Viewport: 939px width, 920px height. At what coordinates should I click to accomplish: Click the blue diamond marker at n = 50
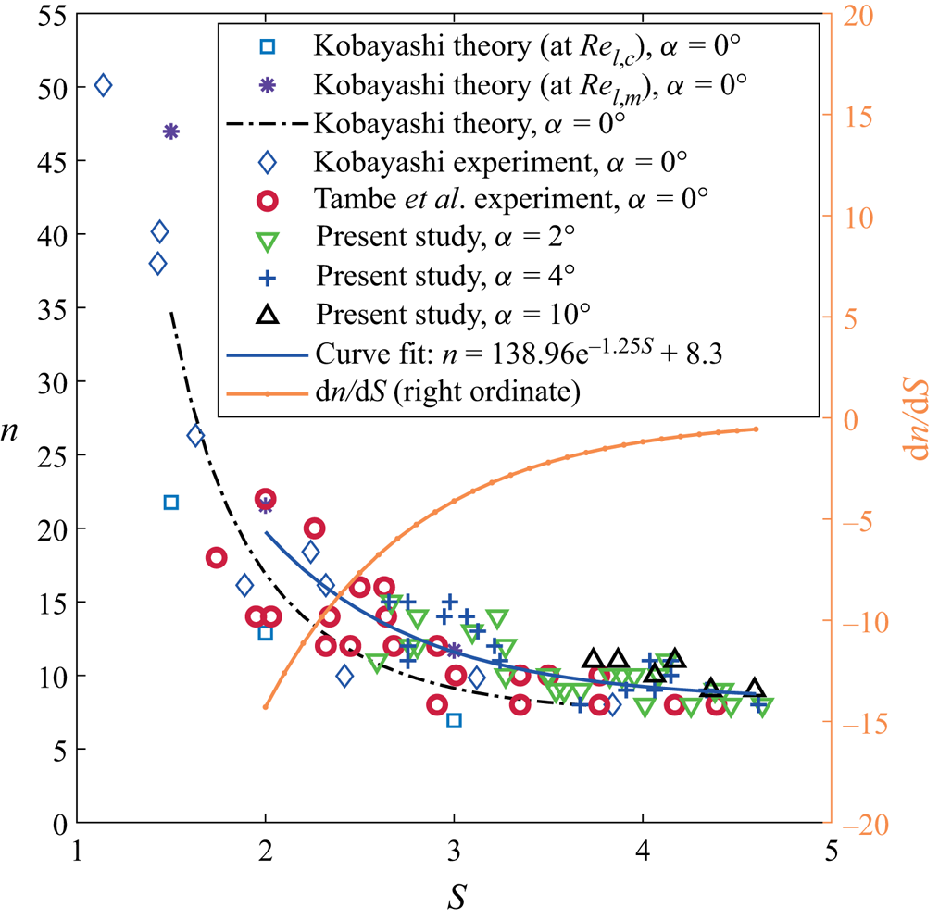click(103, 85)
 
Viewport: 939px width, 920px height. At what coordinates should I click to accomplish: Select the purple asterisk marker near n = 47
click(171, 131)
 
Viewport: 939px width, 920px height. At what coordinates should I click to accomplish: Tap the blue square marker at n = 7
click(454, 720)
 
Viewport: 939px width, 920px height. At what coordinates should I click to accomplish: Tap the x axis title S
click(454, 895)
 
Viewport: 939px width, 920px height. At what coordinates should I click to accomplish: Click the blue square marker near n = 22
click(171, 503)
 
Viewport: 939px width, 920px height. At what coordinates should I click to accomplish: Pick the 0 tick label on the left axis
click(58, 824)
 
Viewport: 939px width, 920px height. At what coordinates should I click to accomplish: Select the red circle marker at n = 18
click(216, 558)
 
